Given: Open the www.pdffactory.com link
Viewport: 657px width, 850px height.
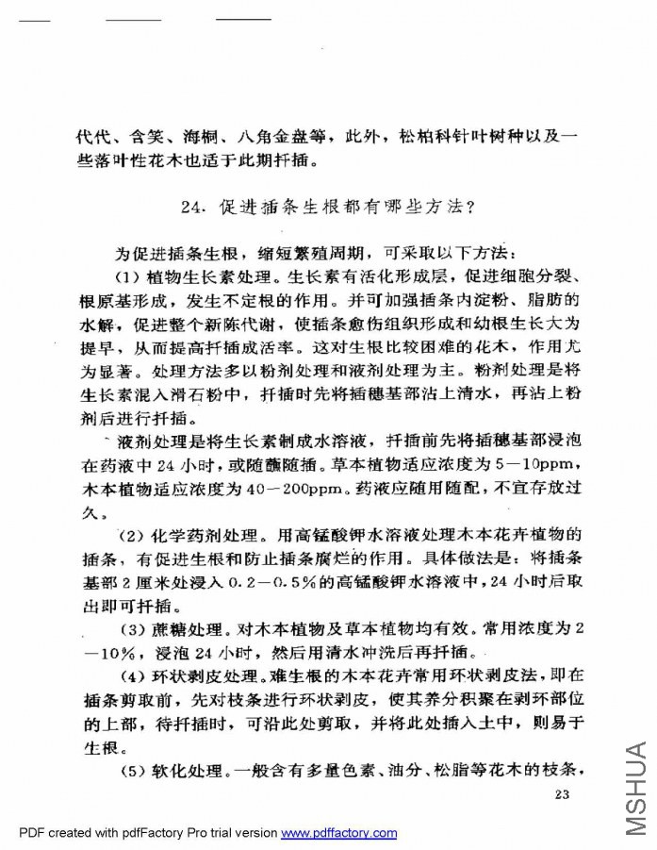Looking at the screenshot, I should point(339,833).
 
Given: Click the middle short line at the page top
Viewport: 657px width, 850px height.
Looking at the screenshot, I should point(133,19).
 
